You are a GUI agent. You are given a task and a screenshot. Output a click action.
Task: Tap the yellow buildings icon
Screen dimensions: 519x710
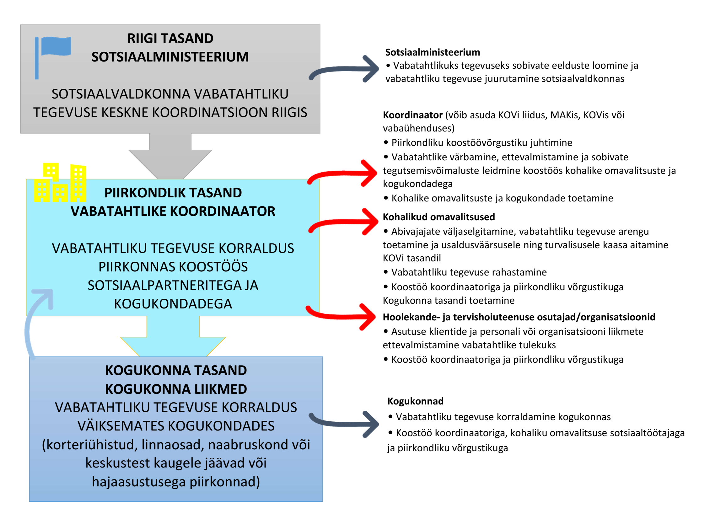[x=60, y=183]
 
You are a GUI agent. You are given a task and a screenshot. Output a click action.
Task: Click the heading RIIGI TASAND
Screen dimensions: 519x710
[x=170, y=38]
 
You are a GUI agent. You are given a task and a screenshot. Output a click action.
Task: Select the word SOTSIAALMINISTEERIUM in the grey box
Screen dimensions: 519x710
[x=170, y=57]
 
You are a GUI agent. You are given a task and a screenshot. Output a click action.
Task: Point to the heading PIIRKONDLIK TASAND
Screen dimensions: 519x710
[x=173, y=193]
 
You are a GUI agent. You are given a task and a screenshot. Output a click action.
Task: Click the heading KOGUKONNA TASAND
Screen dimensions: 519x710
[x=176, y=370]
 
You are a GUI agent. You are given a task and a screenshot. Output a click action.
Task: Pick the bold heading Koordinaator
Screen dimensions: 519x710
[x=412, y=115]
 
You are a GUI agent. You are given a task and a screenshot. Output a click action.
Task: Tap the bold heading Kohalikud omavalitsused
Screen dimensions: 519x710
[x=438, y=217]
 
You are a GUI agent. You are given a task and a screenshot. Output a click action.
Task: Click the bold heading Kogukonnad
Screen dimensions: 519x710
[x=415, y=401]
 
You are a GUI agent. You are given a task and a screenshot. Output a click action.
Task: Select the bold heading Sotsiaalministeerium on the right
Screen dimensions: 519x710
[x=433, y=52]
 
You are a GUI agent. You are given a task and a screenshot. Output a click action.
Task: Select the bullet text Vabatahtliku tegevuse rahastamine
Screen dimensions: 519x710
[x=468, y=272]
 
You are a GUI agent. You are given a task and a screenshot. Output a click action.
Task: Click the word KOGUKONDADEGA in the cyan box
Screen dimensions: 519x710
[x=173, y=304]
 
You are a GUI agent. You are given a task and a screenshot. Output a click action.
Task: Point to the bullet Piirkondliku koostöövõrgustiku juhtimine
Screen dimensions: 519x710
[x=481, y=143]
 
